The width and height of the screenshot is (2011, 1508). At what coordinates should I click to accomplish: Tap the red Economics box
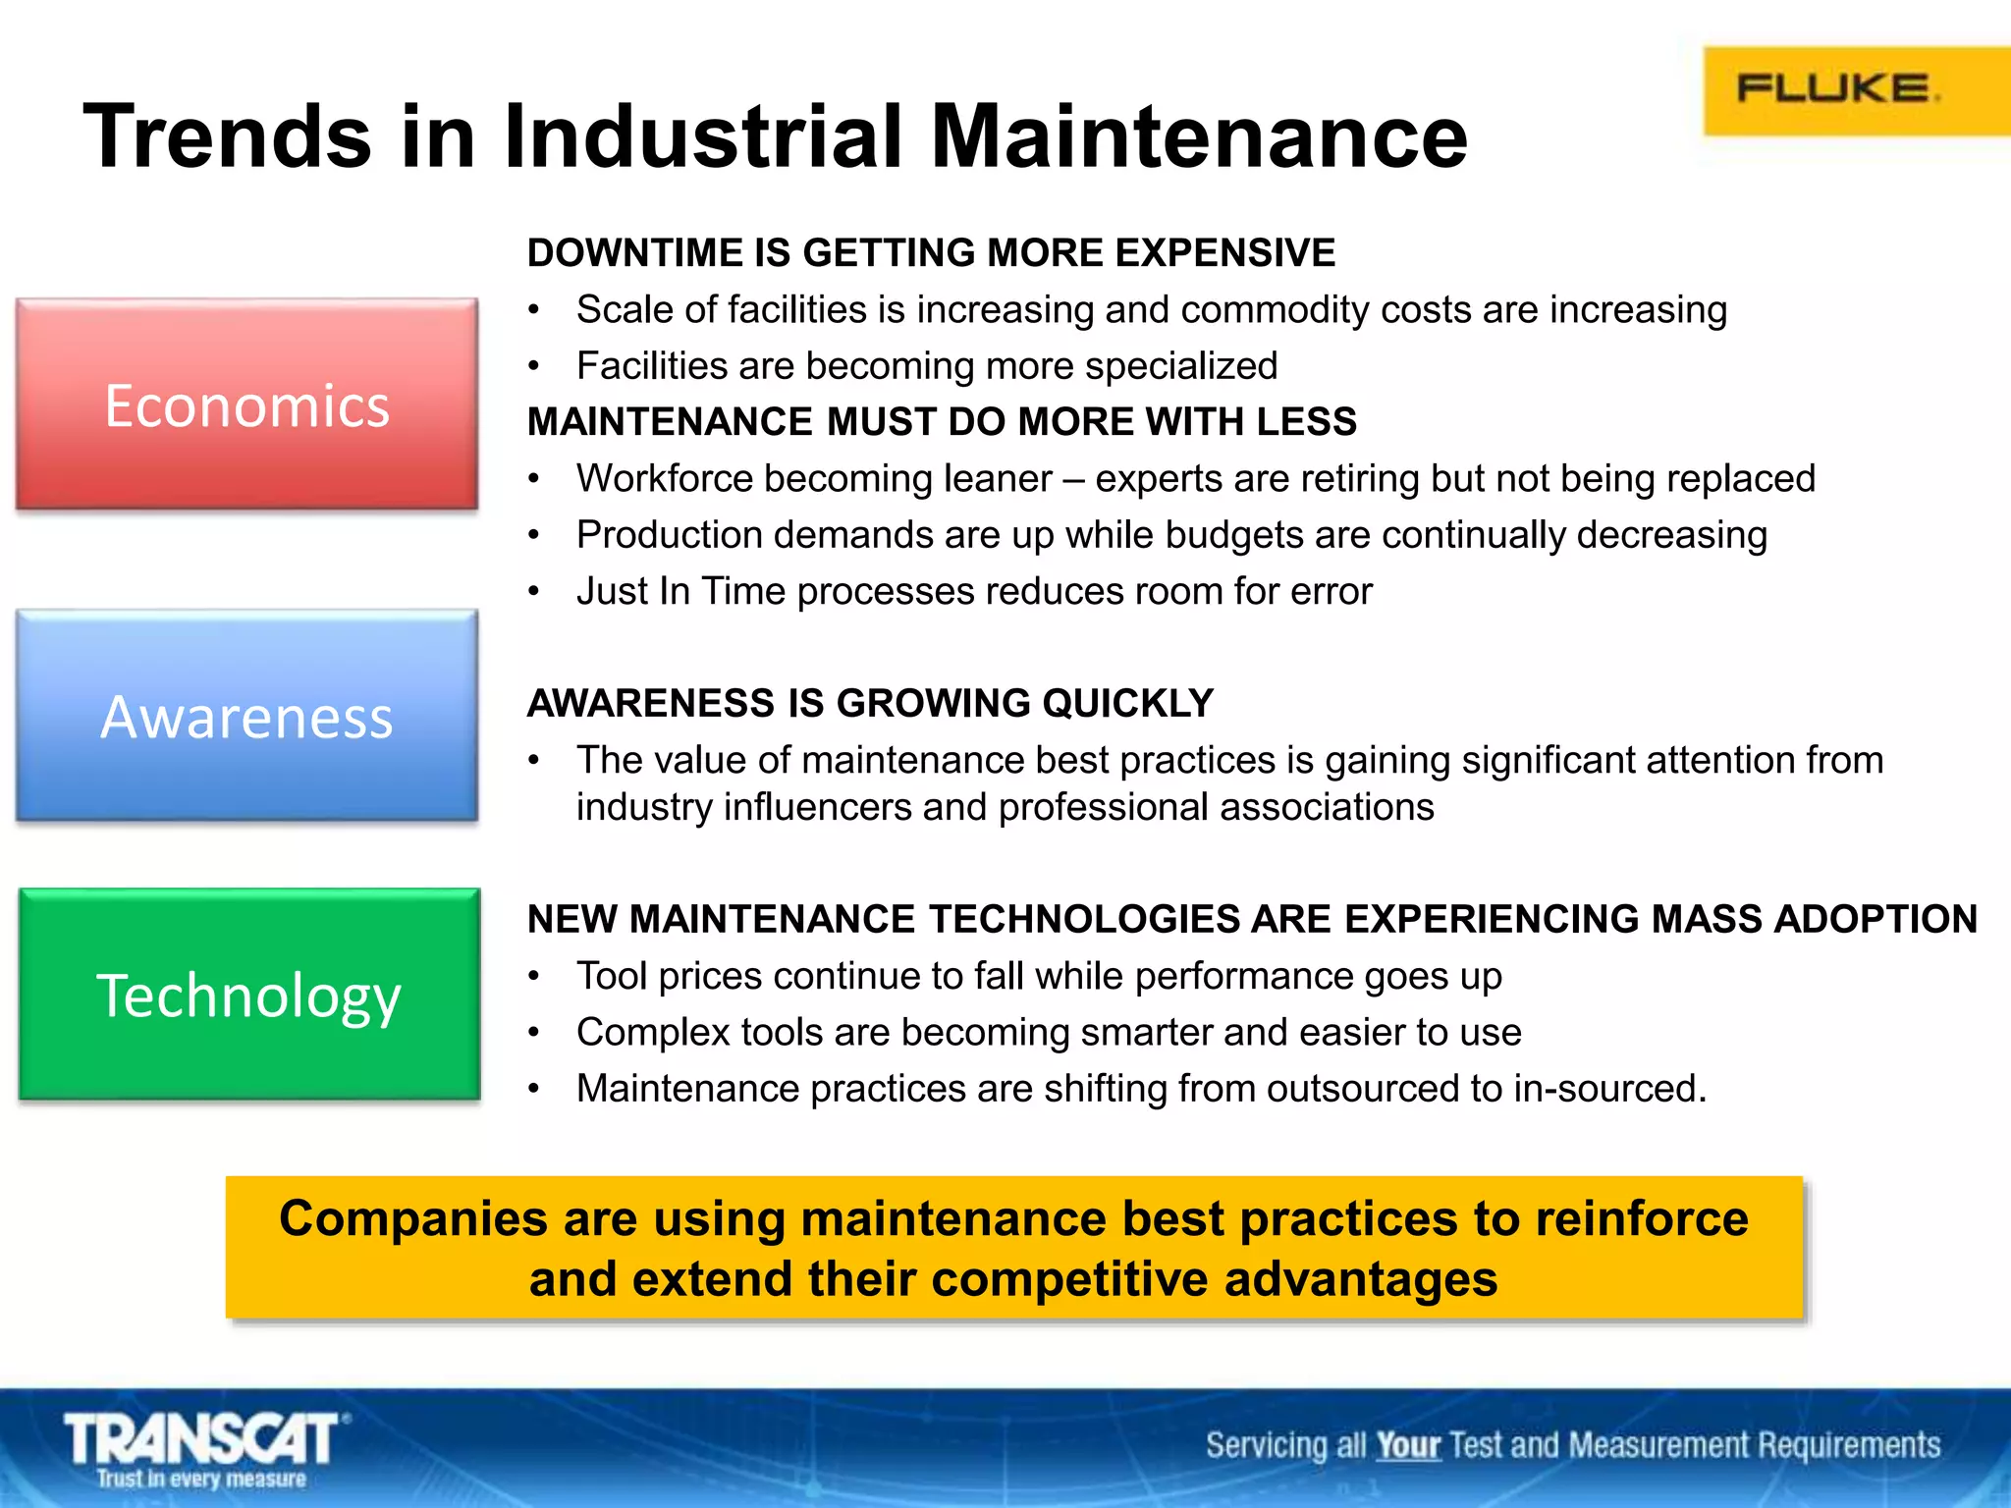click(246, 404)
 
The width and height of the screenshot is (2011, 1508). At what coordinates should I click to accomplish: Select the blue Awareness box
click(246, 716)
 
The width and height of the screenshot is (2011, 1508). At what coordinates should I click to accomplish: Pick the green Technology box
click(248, 995)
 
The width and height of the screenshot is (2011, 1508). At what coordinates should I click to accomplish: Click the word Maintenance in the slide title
click(1198, 136)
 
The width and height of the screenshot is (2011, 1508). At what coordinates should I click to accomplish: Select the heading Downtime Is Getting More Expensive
click(930, 253)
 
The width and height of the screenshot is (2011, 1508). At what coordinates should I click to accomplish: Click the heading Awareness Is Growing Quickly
click(870, 703)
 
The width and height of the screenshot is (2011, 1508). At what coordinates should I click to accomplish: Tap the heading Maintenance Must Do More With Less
click(941, 422)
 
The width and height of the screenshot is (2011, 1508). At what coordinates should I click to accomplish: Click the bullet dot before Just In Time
click(533, 592)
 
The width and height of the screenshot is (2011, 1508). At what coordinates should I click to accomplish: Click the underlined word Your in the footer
click(1407, 1445)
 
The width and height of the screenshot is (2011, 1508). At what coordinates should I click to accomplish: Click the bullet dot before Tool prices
click(533, 977)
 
